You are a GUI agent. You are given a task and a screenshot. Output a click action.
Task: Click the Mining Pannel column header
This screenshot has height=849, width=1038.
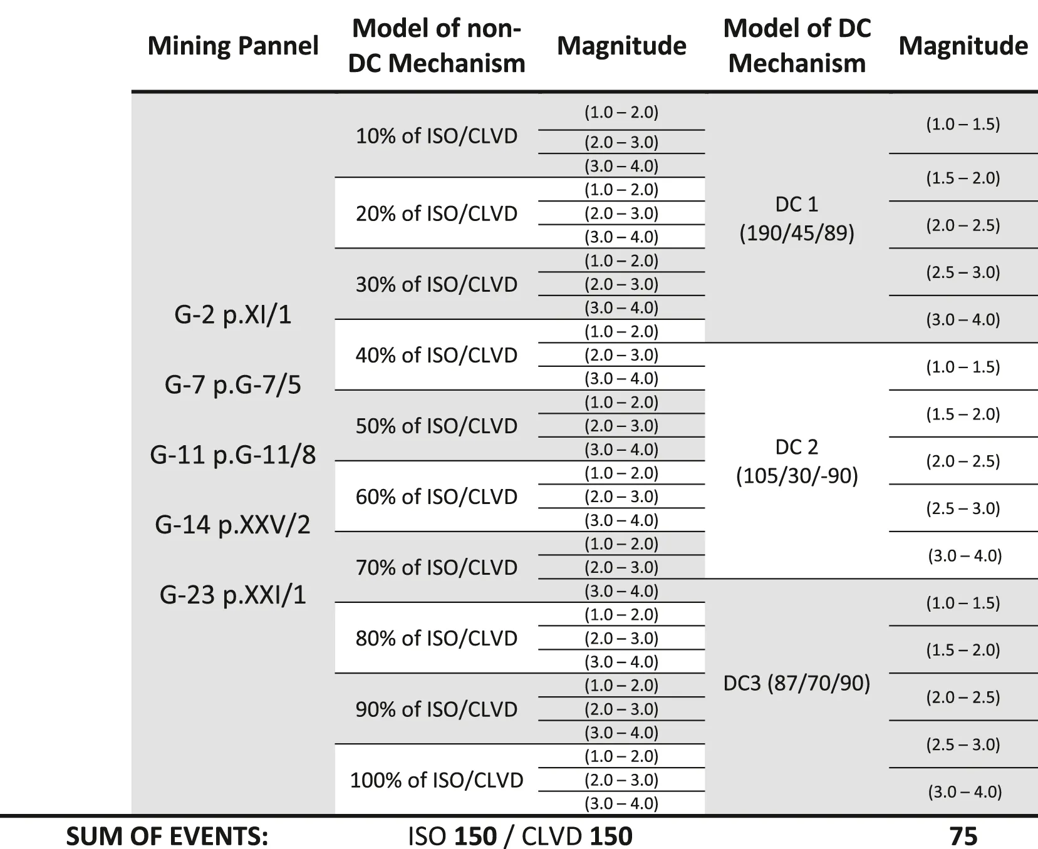click(x=232, y=46)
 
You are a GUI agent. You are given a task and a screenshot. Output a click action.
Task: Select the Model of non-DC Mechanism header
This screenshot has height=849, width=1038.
click(x=436, y=46)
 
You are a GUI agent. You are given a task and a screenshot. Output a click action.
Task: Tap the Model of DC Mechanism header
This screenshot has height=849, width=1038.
click(x=797, y=46)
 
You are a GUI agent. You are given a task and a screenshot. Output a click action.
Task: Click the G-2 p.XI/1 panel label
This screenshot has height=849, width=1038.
click(x=233, y=314)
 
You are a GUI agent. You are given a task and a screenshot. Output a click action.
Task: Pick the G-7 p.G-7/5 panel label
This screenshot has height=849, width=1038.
click(x=233, y=384)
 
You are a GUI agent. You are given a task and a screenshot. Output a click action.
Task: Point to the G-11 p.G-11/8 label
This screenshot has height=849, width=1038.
click(x=233, y=455)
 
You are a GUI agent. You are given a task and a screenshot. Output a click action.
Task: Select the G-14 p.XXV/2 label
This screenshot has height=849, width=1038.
click(x=233, y=524)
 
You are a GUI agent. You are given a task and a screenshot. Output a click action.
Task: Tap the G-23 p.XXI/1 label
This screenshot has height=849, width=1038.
click(x=233, y=594)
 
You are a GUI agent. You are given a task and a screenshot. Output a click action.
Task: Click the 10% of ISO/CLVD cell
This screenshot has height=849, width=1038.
click(x=436, y=136)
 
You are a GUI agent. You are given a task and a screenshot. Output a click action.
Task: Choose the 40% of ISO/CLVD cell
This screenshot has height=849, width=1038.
click(x=436, y=355)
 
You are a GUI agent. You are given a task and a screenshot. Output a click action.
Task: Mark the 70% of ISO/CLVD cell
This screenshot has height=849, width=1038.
click(x=436, y=567)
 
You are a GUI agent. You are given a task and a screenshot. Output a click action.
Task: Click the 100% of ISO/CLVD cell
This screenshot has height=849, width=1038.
click(x=436, y=780)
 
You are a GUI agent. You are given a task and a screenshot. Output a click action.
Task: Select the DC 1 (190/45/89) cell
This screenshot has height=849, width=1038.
click(x=797, y=219)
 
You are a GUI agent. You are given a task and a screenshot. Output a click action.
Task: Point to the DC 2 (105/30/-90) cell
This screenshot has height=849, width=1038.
click(x=797, y=461)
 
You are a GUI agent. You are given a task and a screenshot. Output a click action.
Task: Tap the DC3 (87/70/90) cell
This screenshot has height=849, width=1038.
click(x=797, y=683)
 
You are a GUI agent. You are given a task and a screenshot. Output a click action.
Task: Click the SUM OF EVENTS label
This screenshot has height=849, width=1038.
click(x=167, y=836)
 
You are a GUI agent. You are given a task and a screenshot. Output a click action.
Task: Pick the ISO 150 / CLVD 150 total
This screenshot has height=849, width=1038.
click(x=520, y=836)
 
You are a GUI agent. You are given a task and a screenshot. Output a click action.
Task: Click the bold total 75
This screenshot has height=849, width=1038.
click(x=963, y=836)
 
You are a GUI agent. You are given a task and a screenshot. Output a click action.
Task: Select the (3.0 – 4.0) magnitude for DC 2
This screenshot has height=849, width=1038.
click(x=965, y=555)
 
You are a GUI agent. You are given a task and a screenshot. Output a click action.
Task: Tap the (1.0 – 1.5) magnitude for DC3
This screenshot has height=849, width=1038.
click(x=963, y=603)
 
